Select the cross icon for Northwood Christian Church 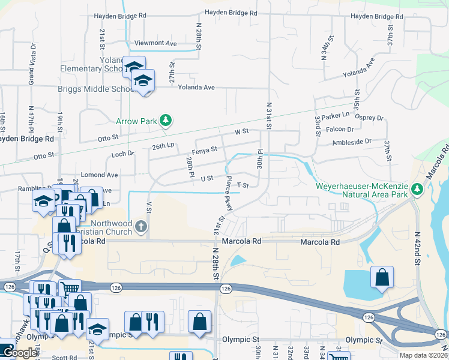[x=141, y=226]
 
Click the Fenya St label [x=204, y=151]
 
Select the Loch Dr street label [x=123, y=154]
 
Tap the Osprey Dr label [x=370, y=118]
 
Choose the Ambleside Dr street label [x=352, y=142]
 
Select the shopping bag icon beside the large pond [x=382, y=277]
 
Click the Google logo [x=20, y=353]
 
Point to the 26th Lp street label [x=163, y=146]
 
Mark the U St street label [x=207, y=178]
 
